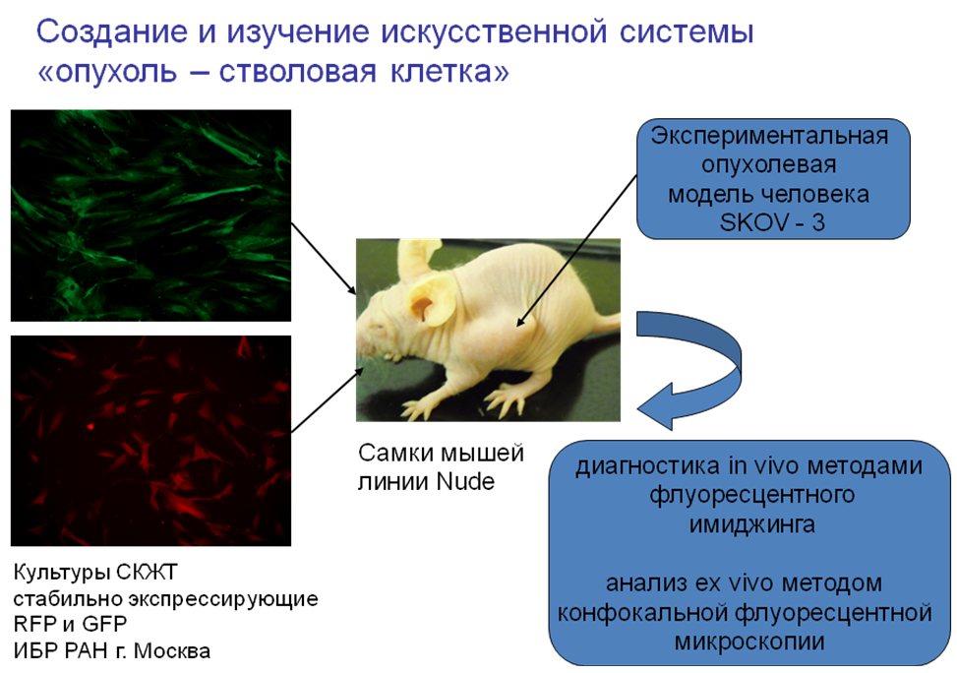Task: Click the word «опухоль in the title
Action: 107,72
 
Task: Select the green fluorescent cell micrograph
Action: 150,215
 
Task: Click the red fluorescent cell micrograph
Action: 150,441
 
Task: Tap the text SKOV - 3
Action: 772,222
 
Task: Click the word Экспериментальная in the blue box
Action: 769,136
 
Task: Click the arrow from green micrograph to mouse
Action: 324,259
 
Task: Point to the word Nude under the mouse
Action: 465,482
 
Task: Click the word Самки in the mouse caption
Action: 396,454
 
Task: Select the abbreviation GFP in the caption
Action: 104,624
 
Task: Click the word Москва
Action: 172,651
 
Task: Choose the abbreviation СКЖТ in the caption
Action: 147,573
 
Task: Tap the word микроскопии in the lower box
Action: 750,642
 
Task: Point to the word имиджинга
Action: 751,524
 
